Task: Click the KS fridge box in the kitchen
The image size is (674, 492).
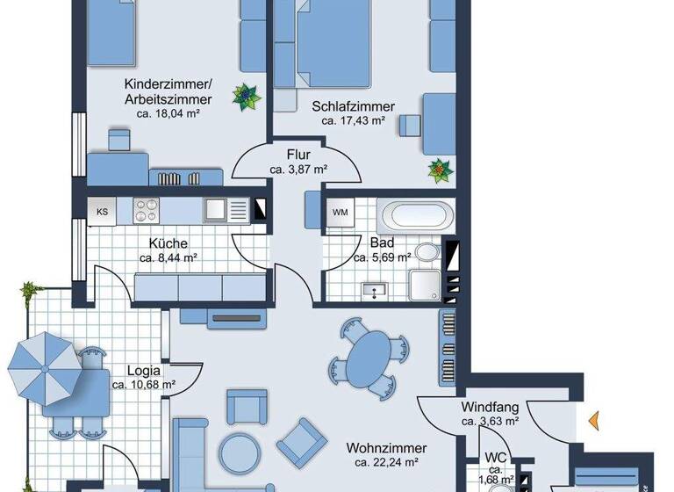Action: coord(103,212)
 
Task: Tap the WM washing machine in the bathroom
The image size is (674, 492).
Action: coord(339,213)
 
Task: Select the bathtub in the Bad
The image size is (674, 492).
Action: coord(415,213)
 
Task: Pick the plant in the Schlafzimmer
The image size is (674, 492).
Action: coord(438,169)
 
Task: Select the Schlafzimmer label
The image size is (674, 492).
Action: coord(353,106)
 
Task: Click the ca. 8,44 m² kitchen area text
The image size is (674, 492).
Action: coord(168,258)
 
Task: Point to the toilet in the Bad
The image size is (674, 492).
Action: coord(427,253)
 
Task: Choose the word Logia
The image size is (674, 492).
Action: coord(142,370)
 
